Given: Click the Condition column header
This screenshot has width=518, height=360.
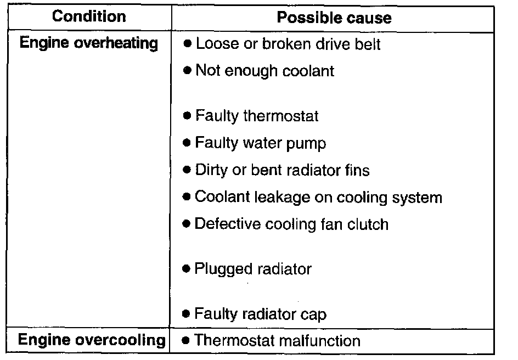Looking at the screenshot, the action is (x=89, y=16).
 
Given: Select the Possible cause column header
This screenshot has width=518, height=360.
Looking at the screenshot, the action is (x=334, y=18).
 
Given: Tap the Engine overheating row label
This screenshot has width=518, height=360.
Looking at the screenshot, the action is (x=89, y=43).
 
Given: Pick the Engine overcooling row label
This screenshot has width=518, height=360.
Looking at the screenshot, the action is (x=92, y=340).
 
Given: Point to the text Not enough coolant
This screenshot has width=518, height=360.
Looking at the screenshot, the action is (x=265, y=71).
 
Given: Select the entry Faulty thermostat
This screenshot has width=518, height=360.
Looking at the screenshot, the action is (x=257, y=116).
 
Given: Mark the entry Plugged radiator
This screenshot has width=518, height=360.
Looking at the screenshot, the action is (x=253, y=269).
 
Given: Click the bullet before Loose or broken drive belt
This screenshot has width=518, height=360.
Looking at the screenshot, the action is (x=187, y=43).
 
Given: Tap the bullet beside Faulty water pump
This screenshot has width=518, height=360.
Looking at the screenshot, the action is (x=187, y=143).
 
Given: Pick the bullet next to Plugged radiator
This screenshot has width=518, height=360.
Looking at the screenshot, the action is (x=187, y=268).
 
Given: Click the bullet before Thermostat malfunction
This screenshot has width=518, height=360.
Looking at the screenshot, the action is (x=186, y=340).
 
